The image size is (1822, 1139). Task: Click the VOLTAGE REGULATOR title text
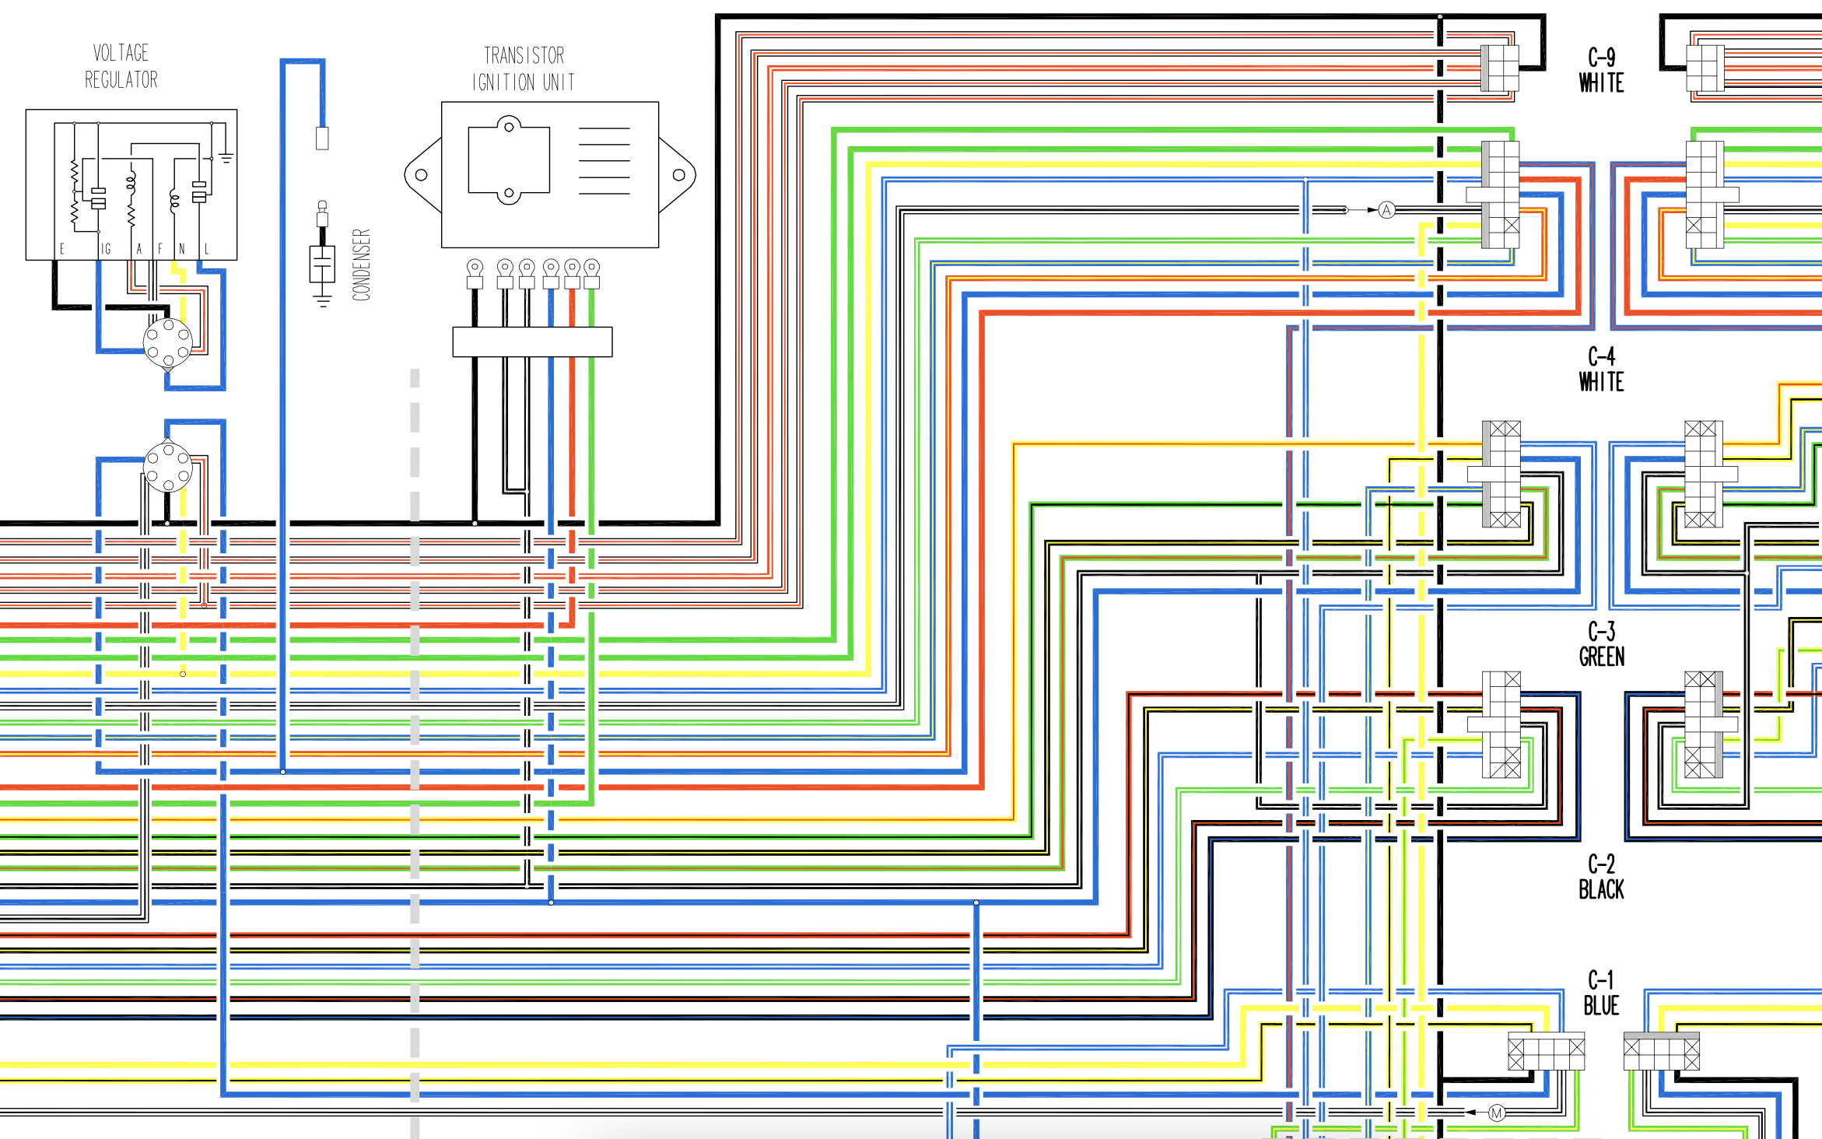(121, 66)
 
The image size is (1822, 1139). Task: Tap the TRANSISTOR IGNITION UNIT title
(524, 68)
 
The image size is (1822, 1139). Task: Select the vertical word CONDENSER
(362, 265)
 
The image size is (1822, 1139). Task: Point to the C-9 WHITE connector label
(1601, 70)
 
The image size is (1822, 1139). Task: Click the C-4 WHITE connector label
(1601, 370)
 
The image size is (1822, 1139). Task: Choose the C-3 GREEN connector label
(1601, 644)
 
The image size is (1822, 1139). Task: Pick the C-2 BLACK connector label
(1601, 877)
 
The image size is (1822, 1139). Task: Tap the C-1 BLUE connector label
(1601, 993)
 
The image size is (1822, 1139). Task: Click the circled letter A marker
(1386, 210)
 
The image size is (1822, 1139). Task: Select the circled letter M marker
(1496, 1113)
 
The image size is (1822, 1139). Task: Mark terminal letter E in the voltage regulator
(62, 249)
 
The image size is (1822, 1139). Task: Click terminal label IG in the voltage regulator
(106, 249)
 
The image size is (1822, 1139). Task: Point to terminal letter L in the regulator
(207, 249)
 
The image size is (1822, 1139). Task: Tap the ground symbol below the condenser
(323, 300)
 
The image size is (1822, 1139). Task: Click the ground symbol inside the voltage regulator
(226, 158)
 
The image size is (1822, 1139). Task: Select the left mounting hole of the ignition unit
(422, 175)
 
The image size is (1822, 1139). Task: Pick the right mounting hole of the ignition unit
(679, 175)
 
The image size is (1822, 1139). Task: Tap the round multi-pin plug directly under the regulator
(168, 342)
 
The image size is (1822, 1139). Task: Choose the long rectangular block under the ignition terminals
(533, 342)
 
